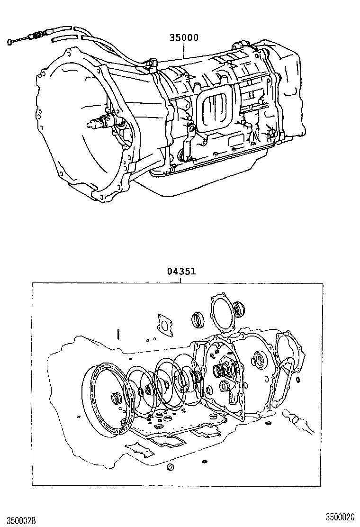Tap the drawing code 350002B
pos(18,520)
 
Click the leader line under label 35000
pos(184,51)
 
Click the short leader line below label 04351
pos(181,280)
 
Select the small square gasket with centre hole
pos(164,324)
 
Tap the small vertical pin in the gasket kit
pos(117,334)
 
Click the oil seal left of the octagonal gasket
pos(198,320)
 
